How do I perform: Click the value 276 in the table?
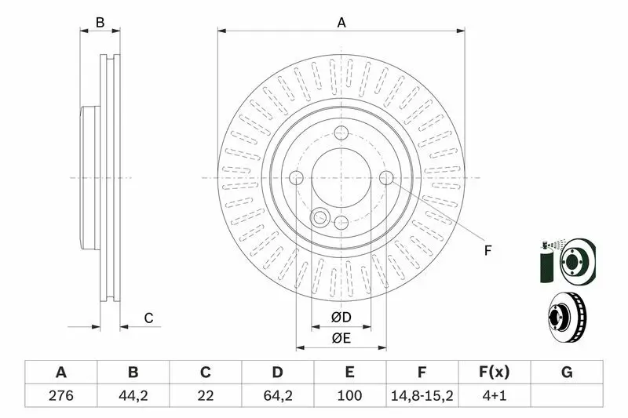click(x=61, y=395)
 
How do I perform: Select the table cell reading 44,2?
click(x=133, y=395)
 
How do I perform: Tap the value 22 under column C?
click(x=205, y=395)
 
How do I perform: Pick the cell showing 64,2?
click(x=278, y=395)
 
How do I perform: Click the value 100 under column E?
click(x=349, y=395)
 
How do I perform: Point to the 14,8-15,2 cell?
click(x=422, y=395)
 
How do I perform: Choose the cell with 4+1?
click(x=495, y=395)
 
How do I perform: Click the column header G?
click(x=567, y=373)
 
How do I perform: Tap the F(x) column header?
click(x=495, y=373)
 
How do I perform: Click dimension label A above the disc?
click(x=341, y=23)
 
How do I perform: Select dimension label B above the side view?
click(x=100, y=23)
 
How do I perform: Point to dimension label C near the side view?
click(x=148, y=318)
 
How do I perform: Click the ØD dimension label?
click(x=341, y=317)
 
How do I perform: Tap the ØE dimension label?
click(x=341, y=339)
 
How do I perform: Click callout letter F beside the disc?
click(x=487, y=251)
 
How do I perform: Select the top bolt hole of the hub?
click(x=341, y=133)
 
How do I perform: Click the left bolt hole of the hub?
click(x=296, y=177)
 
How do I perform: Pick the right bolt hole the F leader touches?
click(x=386, y=177)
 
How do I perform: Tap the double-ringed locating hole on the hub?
click(x=320, y=217)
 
